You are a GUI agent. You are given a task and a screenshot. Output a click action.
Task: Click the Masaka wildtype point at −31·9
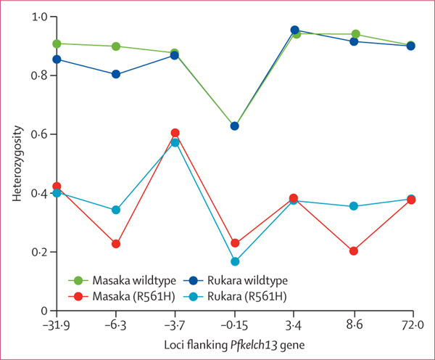pos(57,44)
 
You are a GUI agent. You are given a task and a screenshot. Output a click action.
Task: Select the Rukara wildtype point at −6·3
pos(116,74)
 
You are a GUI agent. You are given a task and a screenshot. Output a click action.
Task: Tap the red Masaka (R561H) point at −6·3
pos(116,244)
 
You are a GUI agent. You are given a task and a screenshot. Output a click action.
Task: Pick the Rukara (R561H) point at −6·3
pos(116,210)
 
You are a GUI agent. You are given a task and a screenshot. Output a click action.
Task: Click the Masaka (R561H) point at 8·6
pos(353,251)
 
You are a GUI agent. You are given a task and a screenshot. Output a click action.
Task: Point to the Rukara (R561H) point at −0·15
pos(235,261)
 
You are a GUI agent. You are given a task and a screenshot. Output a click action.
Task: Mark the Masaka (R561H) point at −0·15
pos(235,243)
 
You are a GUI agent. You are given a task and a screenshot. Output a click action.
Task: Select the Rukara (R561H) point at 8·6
pos(353,206)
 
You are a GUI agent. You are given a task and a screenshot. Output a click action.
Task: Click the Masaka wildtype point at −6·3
pos(116,46)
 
